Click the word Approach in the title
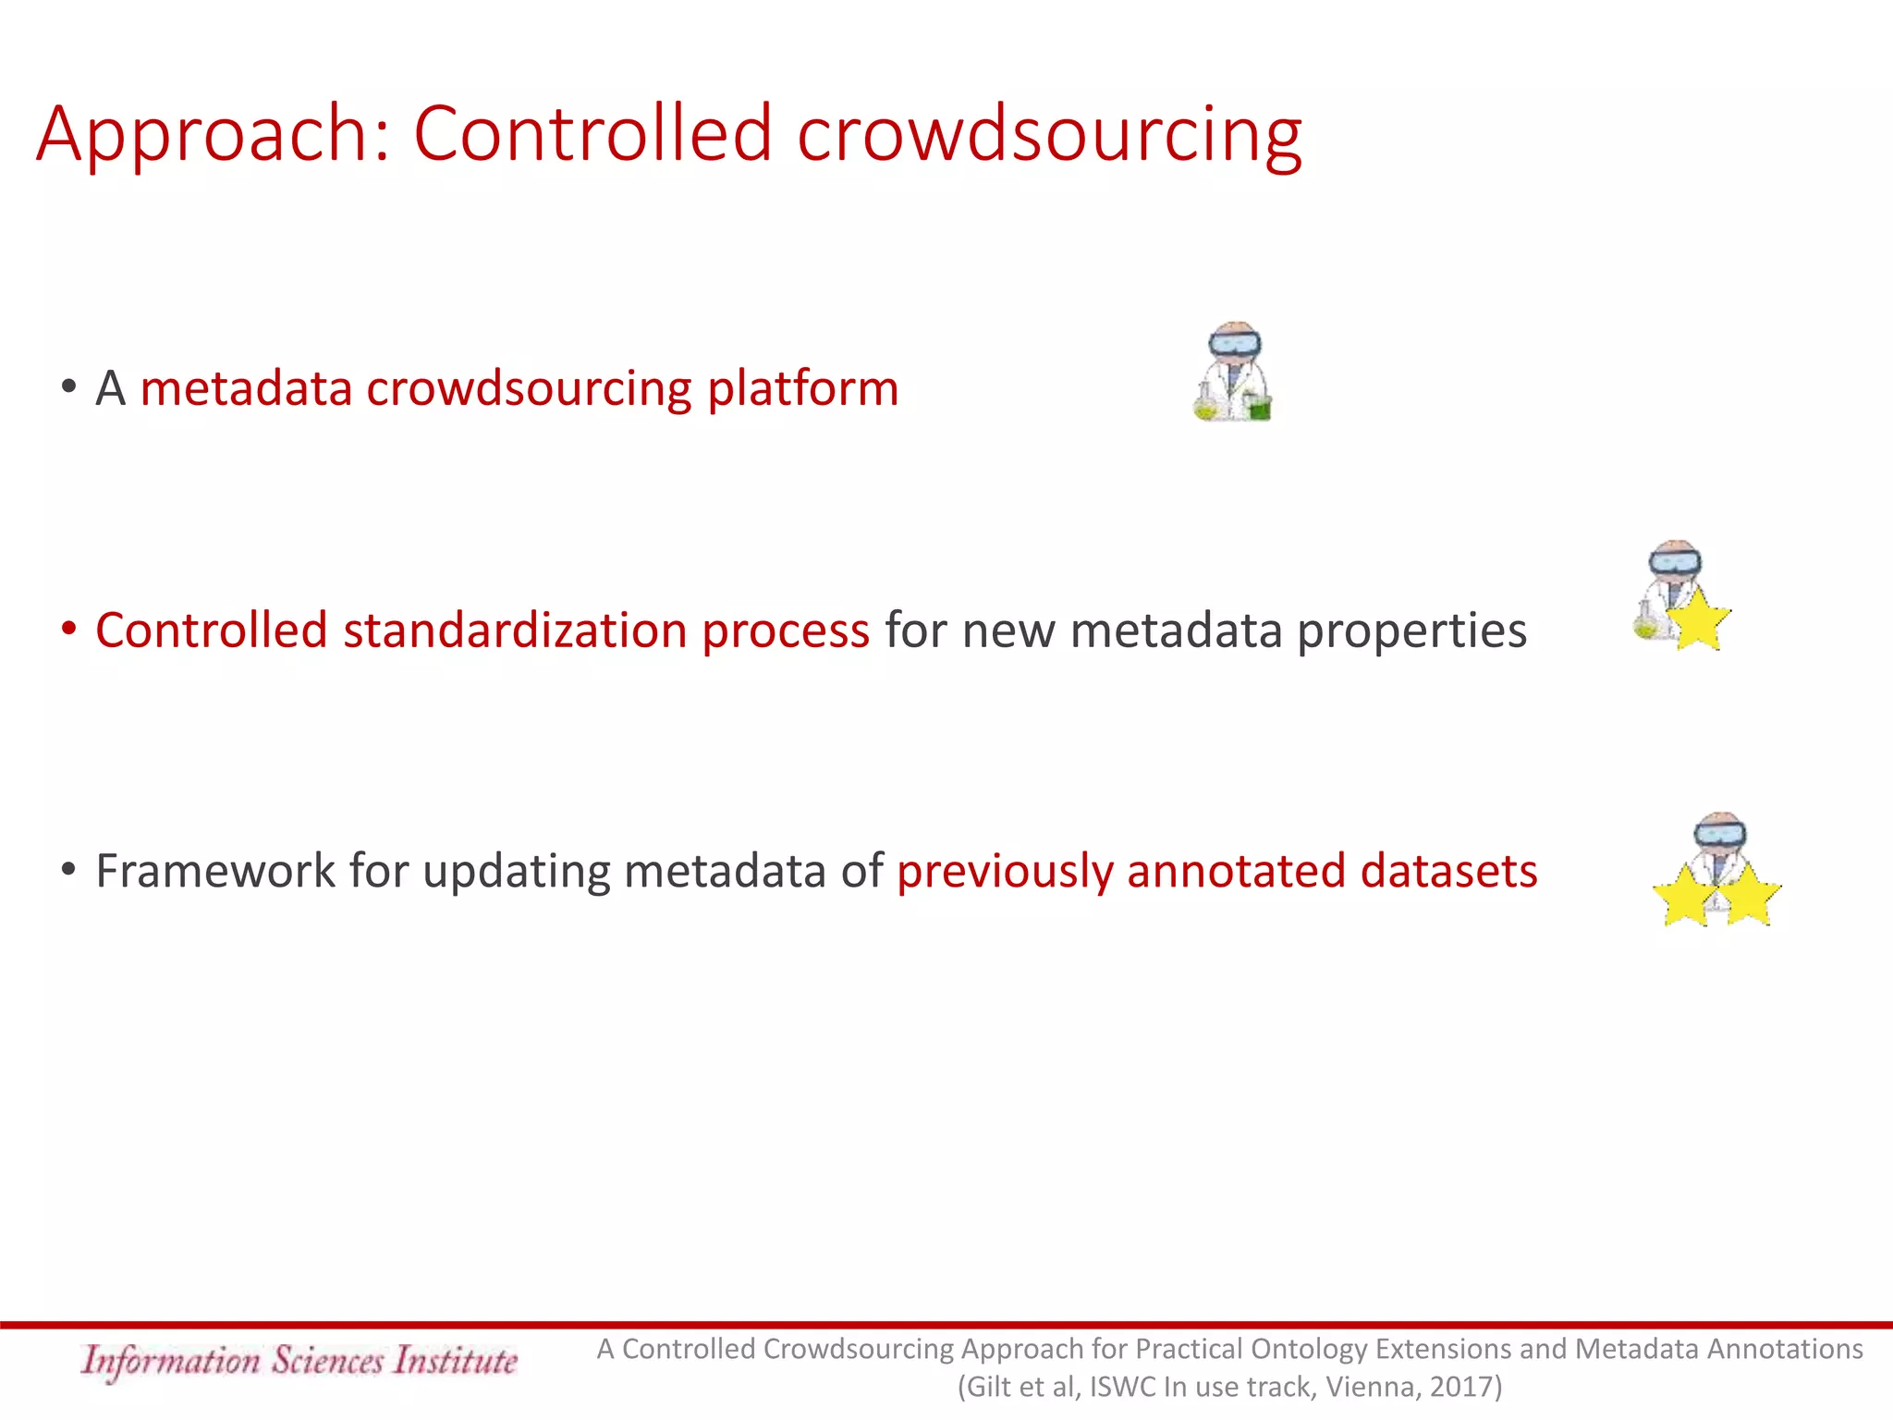(x=203, y=136)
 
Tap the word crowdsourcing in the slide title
(x=1049, y=136)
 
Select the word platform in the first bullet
(x=802, y=388)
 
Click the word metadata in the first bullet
(x=246, y=388)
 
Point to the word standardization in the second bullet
(x=514, y=630)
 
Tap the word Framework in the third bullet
(x=214, y=871)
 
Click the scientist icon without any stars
(x=1234, y=372)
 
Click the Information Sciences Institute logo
(x=299, y=1361)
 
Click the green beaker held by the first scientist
(x=1259, y=407)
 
